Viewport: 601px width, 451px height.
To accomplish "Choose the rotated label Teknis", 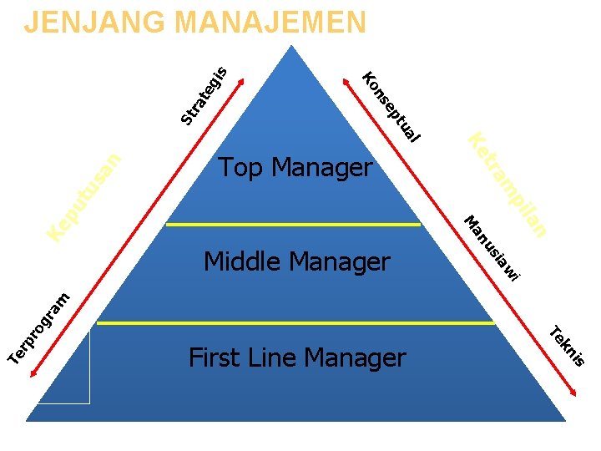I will (567, 344).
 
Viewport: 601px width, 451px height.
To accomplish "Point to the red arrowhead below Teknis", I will (577, 393).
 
